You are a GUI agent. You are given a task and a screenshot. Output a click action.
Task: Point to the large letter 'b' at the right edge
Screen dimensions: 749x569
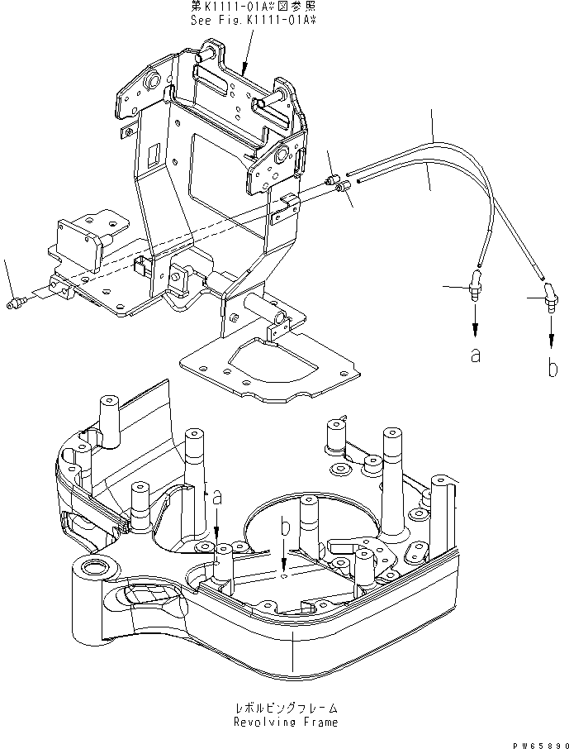tap(552, 366)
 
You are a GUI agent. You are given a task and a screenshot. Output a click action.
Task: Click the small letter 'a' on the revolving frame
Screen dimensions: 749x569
tap(216, 497)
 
